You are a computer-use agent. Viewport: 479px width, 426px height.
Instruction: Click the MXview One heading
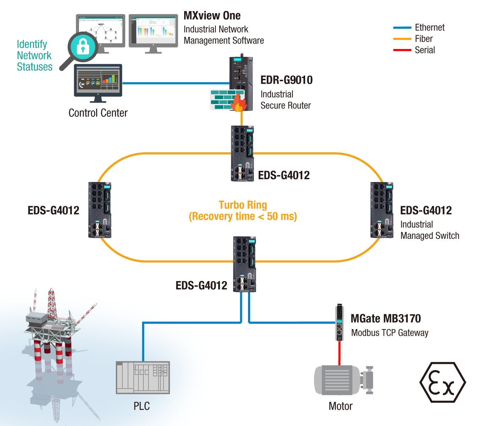[212, 16]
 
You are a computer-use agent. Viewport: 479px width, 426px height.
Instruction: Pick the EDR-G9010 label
[286, 80]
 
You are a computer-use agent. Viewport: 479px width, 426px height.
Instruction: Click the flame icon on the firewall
[239, 103]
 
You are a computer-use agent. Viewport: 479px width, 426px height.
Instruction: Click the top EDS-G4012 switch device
[242, 153]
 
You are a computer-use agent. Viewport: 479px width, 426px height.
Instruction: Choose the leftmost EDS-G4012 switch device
[100, 210]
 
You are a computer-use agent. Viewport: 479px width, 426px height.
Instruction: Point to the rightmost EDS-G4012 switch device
[382, 210]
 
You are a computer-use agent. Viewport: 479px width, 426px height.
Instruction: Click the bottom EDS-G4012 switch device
[244, 264]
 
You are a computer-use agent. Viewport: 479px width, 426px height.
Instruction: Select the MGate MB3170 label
[386, 318]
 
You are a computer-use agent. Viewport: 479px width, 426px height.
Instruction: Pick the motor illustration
[343, 380]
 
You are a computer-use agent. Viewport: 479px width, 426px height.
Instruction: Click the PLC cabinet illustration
[143, 377]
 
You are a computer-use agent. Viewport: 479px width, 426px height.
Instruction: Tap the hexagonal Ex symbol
[442, 382]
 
